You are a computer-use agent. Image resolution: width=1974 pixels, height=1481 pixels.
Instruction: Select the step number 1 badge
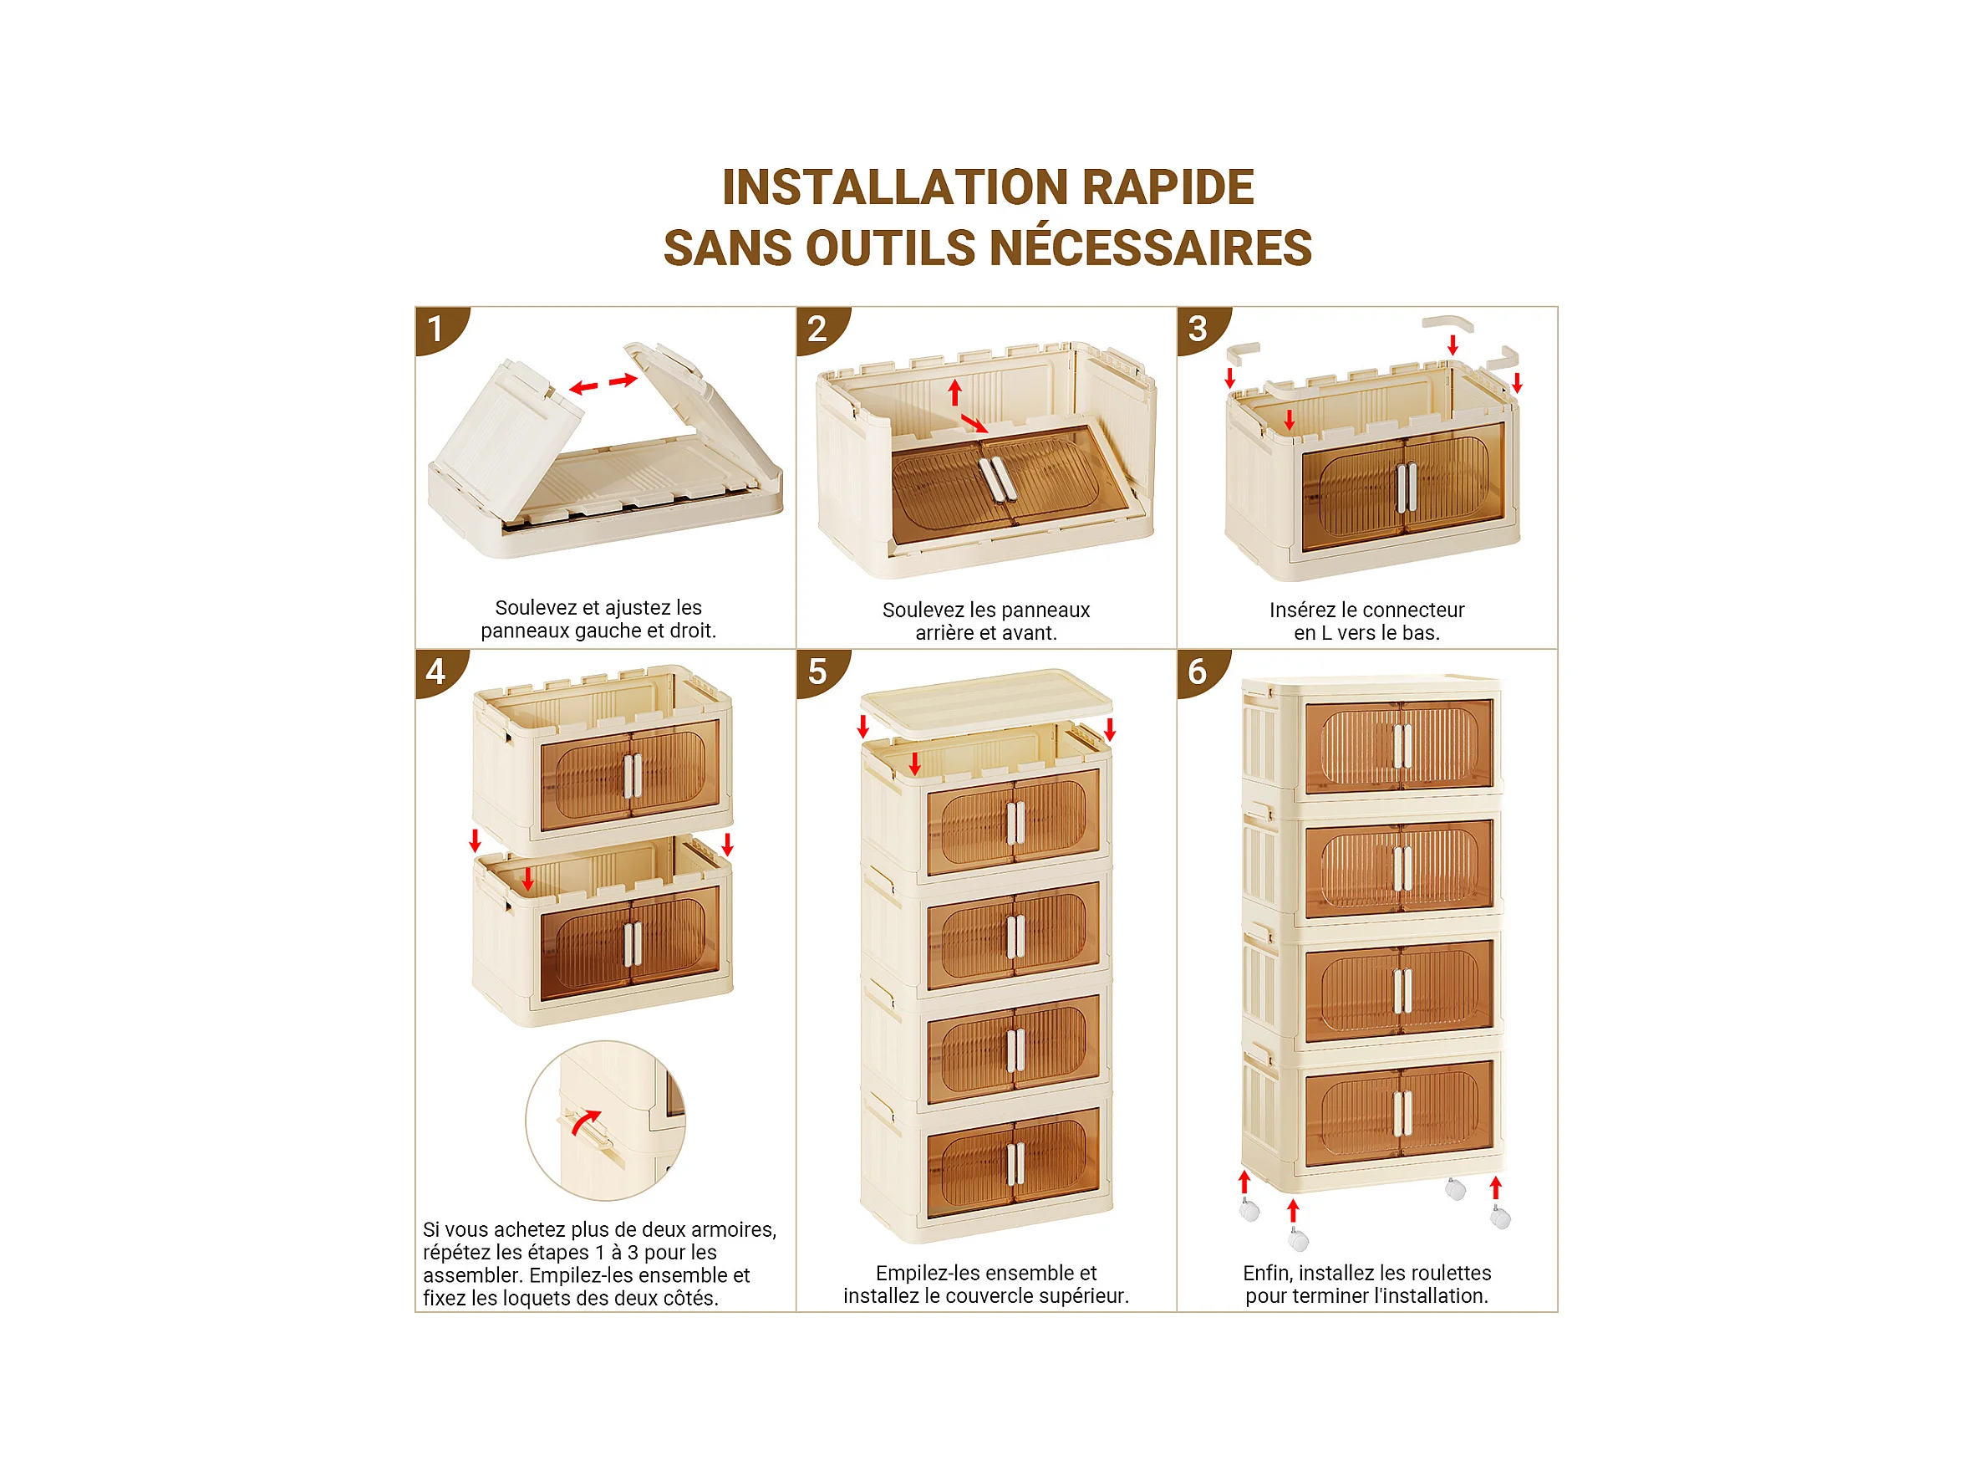(440, 330)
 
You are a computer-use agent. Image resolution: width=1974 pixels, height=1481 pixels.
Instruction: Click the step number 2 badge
(822, 330)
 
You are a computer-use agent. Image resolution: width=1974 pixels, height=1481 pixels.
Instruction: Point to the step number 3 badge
(1203, 330)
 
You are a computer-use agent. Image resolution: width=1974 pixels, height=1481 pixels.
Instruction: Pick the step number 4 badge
(440, 672)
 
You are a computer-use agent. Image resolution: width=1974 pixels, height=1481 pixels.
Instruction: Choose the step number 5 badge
(822, 672)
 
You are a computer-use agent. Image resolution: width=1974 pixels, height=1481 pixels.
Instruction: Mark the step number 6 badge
(1203, 672)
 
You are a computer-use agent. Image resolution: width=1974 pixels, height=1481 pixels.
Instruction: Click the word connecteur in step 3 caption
(1413, 610)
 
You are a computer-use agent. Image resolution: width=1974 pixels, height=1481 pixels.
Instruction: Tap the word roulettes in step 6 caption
(1448, 1273)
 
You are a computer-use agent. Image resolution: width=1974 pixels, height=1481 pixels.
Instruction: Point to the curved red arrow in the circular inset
(584, 1121)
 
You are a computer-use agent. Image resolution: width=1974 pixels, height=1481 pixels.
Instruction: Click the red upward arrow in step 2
(955, 393)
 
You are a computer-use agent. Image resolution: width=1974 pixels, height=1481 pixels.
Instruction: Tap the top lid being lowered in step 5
(987, 704)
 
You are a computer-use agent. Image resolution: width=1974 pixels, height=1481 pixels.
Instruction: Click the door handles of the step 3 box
(1407, 488)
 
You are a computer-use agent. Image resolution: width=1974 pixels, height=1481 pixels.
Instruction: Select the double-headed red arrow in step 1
(604, 384)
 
